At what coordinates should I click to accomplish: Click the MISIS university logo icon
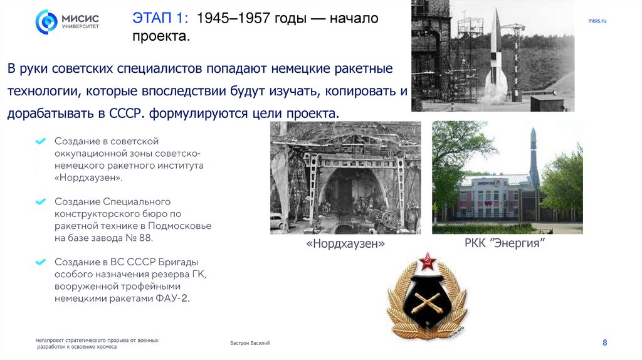[46, 21]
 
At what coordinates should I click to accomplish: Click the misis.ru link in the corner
[597, 21]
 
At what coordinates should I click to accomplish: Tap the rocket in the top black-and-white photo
[495, 53]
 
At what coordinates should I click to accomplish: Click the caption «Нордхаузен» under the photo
[345, 243]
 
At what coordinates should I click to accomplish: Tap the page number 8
[604, 342]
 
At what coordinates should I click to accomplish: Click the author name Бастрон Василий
[250, 343]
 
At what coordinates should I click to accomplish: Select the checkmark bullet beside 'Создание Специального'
[41, 202]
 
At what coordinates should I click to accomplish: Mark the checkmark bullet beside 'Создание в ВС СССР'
[41, 262]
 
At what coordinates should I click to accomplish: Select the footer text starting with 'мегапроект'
[97, 343]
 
